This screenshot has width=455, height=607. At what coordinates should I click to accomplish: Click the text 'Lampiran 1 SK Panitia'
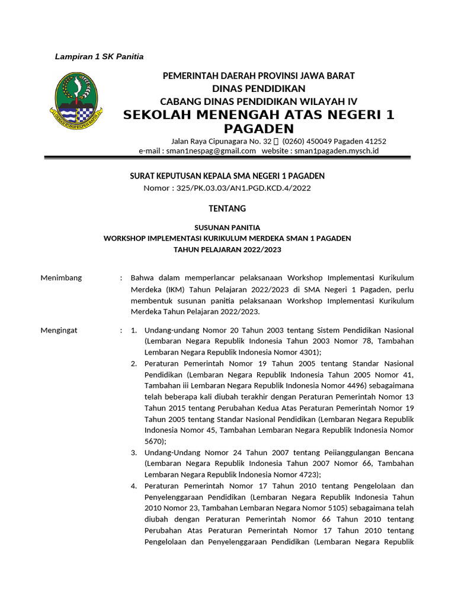click(x=99, y=57)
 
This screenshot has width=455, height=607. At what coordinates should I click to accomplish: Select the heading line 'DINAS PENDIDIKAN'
click(x=258, y=88)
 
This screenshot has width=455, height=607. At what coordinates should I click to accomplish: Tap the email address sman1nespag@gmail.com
click(x=211, y=151)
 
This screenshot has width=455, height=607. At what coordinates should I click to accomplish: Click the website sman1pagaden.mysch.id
click(x=335, y=151)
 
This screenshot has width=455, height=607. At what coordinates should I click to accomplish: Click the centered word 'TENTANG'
click(x=227, y=209)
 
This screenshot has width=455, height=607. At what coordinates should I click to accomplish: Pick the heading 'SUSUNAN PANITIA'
click(x=227, y=227)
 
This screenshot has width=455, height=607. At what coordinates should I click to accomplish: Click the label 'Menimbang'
click(x=61, y=278)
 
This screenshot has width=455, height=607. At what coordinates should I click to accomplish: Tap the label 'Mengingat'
click(x=59, y=330)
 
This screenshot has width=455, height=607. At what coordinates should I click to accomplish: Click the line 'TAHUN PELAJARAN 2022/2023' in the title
click(x=227, y=250)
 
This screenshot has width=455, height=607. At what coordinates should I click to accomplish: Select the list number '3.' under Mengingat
click(x=134, y=453)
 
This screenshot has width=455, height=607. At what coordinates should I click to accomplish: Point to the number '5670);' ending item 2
click(x=155, y=442)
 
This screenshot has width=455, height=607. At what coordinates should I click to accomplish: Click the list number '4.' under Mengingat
click(x=134, y=486)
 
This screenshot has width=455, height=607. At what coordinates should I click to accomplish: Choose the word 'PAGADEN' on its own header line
click(x=259, y=129)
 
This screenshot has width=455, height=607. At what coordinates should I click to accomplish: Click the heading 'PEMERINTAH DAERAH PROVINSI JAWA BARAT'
click(x=258, y=76)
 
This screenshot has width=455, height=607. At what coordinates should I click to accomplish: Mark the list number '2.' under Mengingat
click(x=134, y=363)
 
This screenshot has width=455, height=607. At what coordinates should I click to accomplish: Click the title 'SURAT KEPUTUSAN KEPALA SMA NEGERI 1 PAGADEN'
click(x=227, y=176)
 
